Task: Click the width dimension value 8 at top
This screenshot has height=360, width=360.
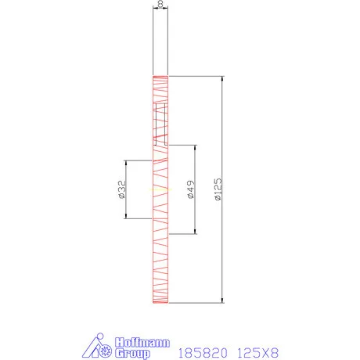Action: (x=160, y=5)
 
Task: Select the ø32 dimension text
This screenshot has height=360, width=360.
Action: (x=122, y=189)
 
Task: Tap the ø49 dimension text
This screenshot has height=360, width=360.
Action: (x=192, y=189)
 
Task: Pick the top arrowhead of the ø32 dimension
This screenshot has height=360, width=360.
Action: (x=127, y=162)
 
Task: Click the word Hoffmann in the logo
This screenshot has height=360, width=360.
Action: (x=136, y=340)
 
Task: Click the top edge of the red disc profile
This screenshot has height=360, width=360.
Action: (x=160, y=76)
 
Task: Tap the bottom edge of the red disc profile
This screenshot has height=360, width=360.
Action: (x=160, y=304)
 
